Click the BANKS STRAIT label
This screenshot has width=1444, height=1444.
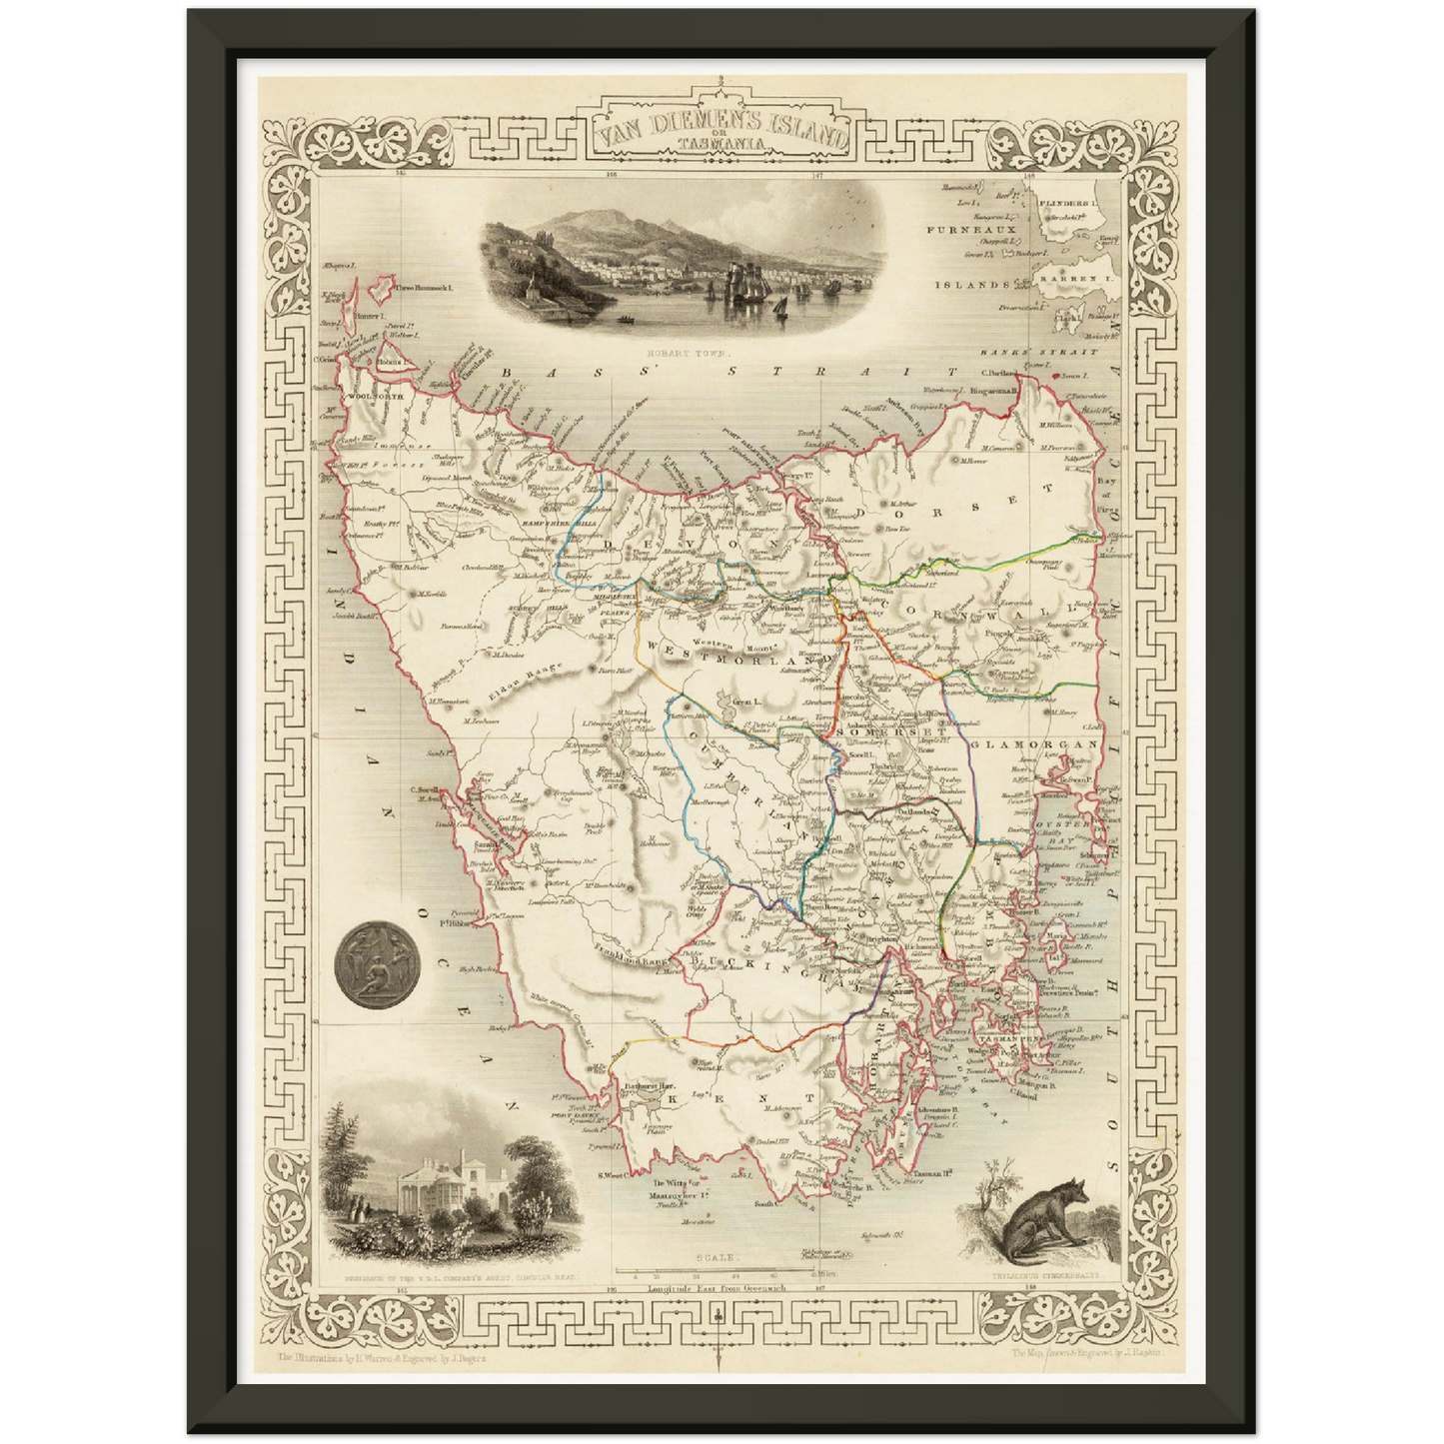[1038, 352]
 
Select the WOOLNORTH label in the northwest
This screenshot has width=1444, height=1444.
[376, 397]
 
